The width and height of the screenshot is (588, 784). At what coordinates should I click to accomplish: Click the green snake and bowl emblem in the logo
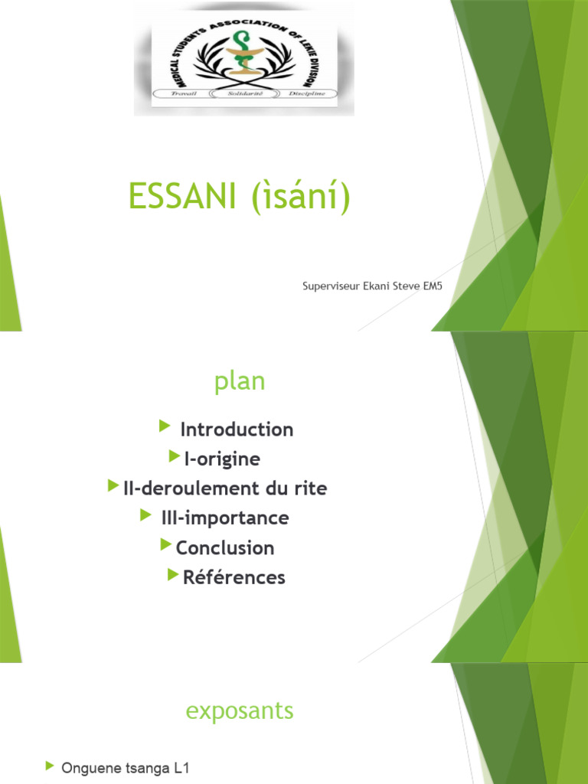pyautogui.click(x=243, y=55)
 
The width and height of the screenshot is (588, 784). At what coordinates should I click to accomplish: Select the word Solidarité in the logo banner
pyautogui.click(x=243, y=93)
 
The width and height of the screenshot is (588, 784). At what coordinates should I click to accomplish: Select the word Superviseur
pyautogui.click(x=332, y=287)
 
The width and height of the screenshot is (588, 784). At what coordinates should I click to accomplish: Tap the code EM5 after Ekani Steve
pyautogui.click(x=433, y=287)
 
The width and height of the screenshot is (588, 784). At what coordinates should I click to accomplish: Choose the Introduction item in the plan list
pyautogui.click(x=237, y=430)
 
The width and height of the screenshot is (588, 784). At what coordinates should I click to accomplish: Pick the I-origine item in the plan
pyautogui.click(x=222, y=459)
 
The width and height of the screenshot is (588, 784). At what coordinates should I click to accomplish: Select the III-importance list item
pyautogui.click(x=225, y=518)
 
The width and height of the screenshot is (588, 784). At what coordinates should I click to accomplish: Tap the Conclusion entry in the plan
pyautogui.click(x=225, y=548)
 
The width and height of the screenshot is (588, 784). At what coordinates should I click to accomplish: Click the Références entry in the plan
pyautogui.click(x=234, y=577)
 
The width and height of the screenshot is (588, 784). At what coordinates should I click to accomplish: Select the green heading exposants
pyautogui.click(x=240, y=710)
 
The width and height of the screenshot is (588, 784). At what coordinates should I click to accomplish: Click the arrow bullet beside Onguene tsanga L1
pyautogui.click(x=50, y=766)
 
